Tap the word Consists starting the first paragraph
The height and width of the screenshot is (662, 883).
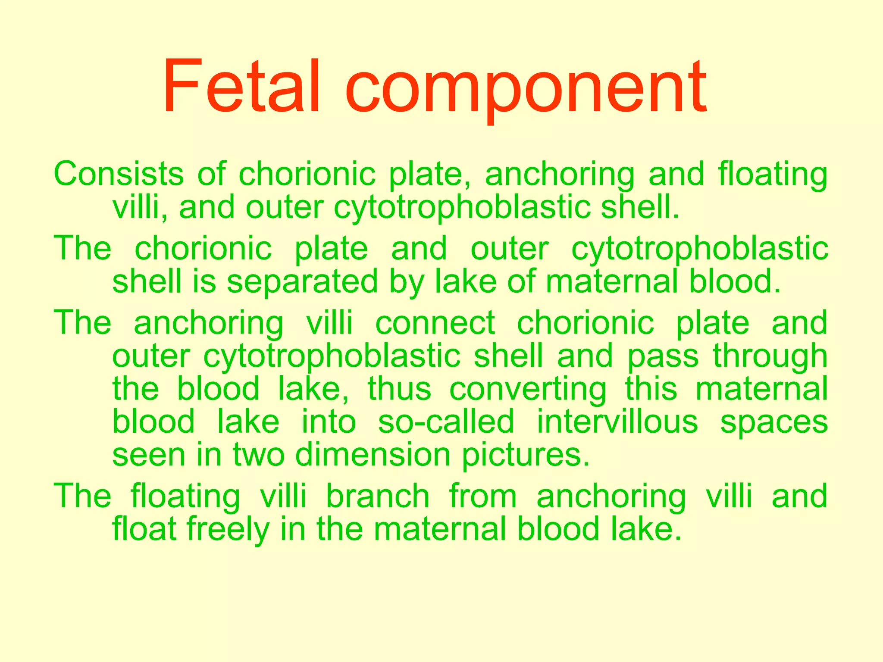click(119, 174)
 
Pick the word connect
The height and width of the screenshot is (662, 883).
click(435, 323)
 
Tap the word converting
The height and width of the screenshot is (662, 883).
click(528, 390)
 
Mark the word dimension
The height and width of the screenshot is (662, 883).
click(373, 455)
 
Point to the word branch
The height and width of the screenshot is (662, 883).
click(378, 496)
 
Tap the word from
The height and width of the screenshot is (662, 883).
click(483, 496)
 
